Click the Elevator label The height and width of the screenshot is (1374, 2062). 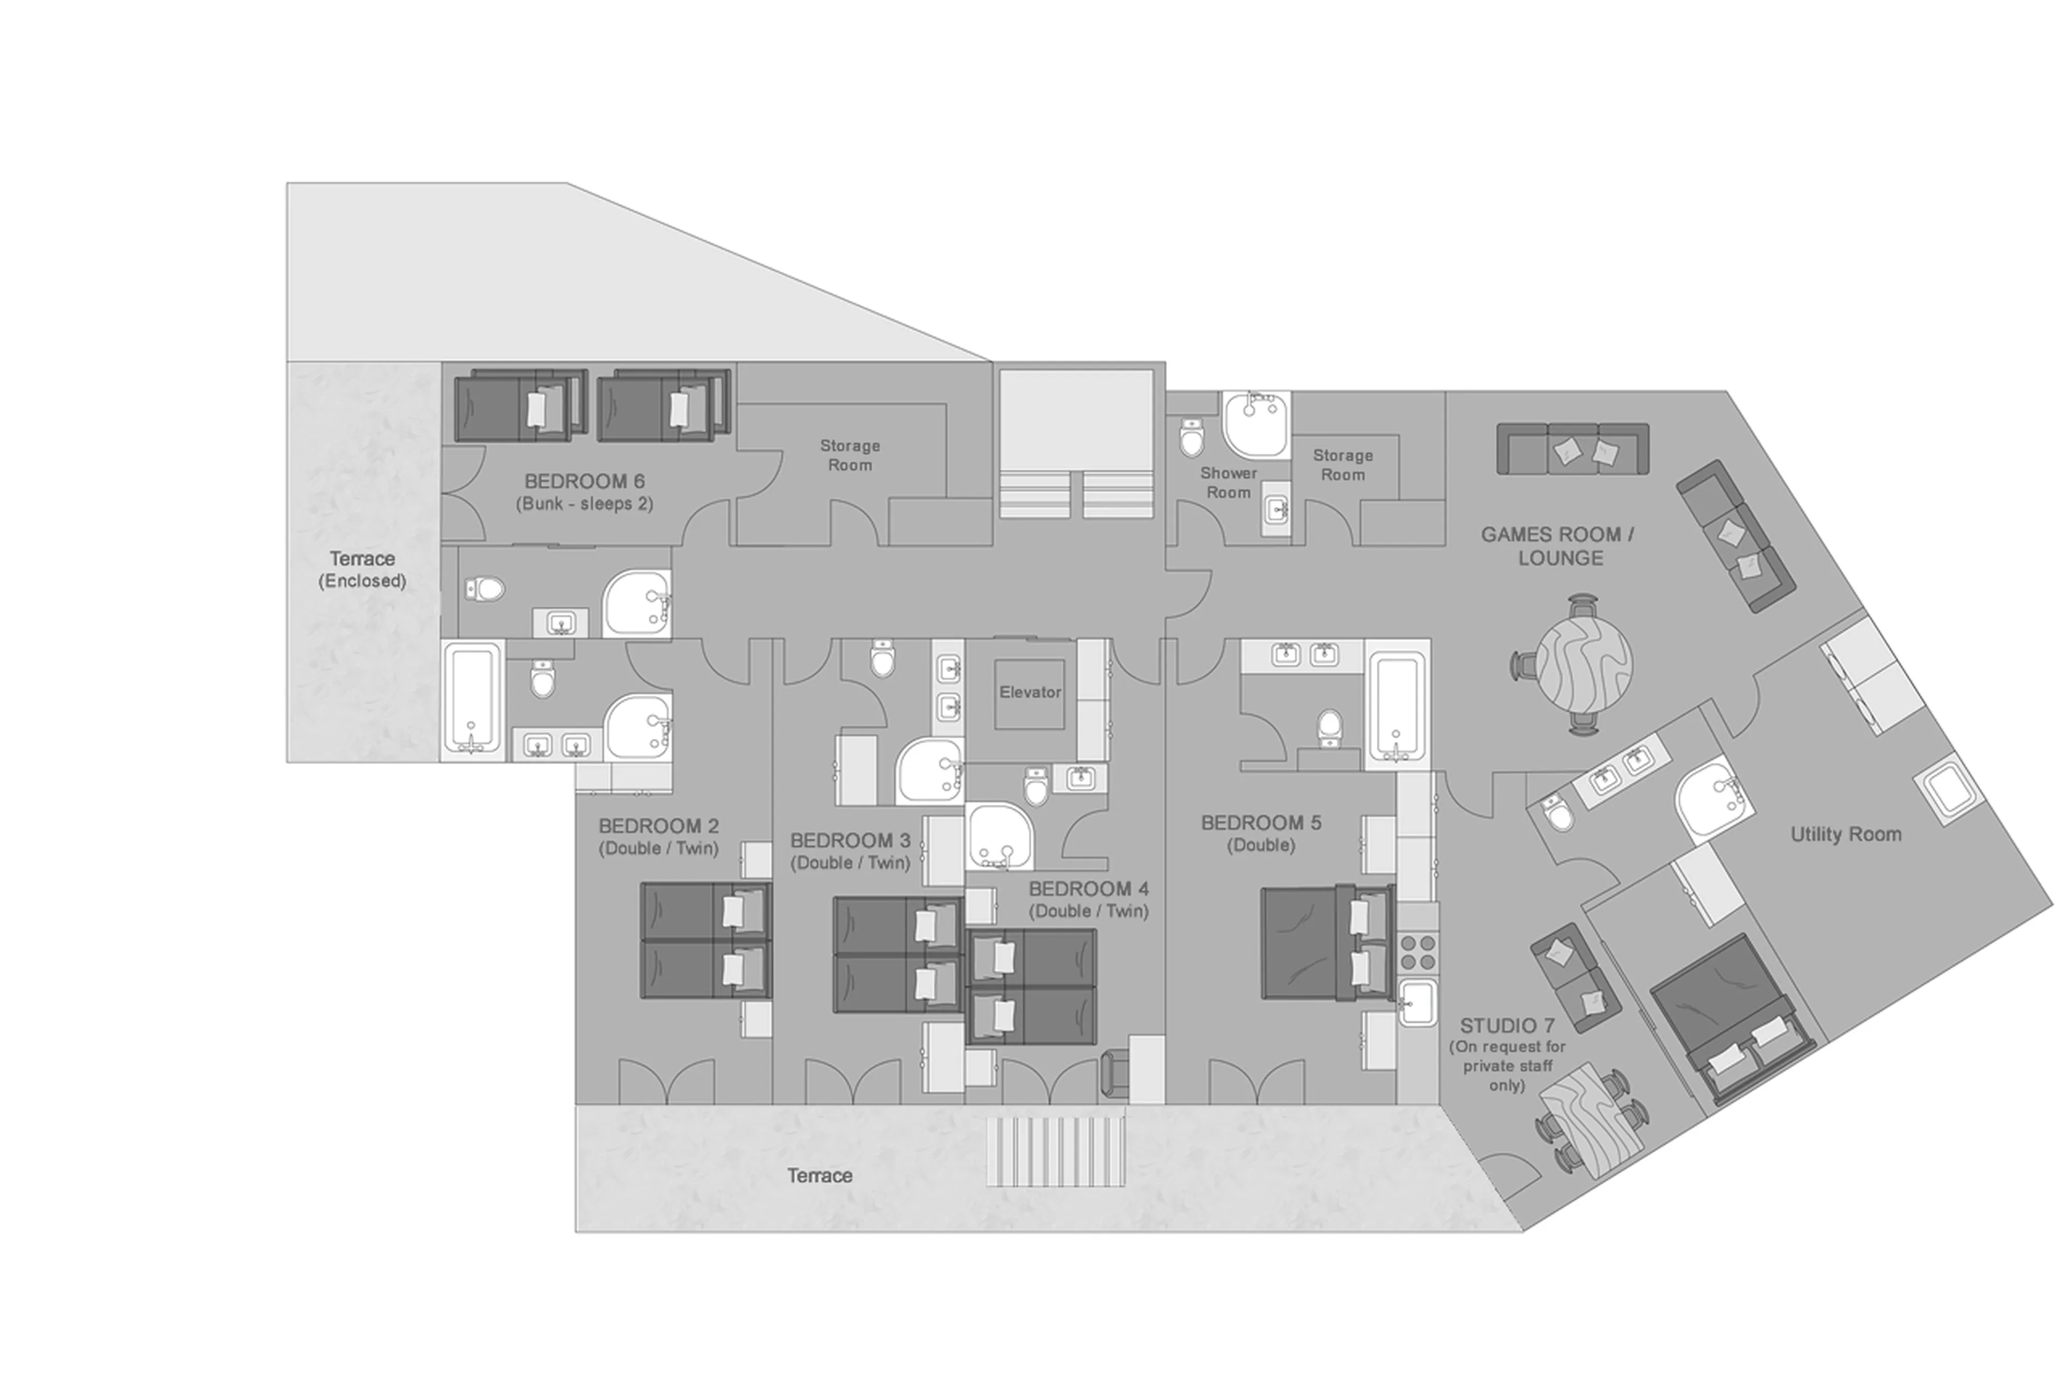point(1030,692)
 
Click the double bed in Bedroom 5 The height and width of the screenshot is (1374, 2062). point(1326,942)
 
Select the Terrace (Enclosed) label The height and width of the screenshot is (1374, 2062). point(362,569)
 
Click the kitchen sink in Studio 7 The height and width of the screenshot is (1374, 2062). point(1417,1001)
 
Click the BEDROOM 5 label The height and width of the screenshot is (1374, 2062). point(1261,823)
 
